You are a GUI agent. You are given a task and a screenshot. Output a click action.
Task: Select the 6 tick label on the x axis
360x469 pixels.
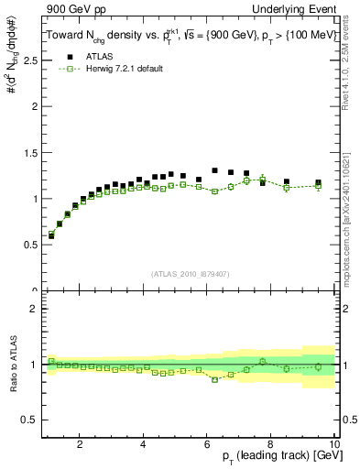[x=207, y=445]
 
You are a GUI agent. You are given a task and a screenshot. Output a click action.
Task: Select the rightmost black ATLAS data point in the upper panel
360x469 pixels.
[x=318, y=183]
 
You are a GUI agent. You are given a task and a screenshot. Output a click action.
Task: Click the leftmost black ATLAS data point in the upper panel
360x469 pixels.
[x=51, y=235]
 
